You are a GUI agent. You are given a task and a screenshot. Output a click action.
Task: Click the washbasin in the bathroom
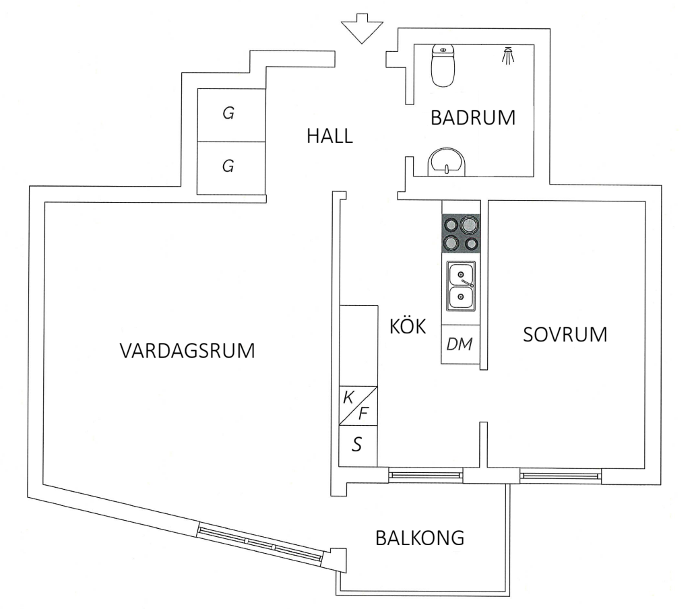point(445,162)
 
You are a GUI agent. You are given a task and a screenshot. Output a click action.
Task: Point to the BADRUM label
point(473,119)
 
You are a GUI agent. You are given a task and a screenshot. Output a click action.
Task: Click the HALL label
point(329,136)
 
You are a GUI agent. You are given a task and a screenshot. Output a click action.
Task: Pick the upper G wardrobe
point(229,115)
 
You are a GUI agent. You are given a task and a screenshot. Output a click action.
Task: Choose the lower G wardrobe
point(229,166)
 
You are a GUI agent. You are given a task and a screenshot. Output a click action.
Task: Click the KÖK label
point(408,327)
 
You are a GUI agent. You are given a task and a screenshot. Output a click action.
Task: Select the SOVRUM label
point(565,334)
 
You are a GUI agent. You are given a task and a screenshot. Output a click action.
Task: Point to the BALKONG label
point(420,538)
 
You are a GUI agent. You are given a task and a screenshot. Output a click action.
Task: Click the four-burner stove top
point(461,233)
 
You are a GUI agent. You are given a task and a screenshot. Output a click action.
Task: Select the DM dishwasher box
point(460,344)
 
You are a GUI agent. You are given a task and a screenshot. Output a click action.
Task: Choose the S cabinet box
point(358,445)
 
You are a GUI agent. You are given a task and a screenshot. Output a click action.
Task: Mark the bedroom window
point(561,476)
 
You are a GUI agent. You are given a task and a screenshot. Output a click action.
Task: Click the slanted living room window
point(260,542)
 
